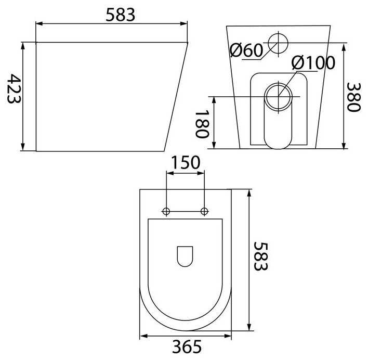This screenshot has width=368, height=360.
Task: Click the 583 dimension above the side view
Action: pyautogui.click(x=121, y=15)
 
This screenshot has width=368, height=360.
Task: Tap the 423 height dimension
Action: pyautogui.click(x=14, y=89)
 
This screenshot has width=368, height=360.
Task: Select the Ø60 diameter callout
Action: pyautogui.click(x=246, y=50)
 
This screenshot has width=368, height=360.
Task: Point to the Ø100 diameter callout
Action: pyautogui.click(x=313, y=63)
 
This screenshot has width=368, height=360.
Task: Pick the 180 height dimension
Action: pyautogui.click(x=202, y=124)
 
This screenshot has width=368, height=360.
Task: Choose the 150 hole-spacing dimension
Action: pyautogui.click(x=186, y=162)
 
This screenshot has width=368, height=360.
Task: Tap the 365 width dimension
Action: pyautogui.click(x=187, y=346)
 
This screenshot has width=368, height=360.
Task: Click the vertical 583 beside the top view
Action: pyautogui.click(x=260, y=256)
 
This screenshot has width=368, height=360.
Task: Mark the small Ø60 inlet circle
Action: pyautogui.click(x=278, y=43)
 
